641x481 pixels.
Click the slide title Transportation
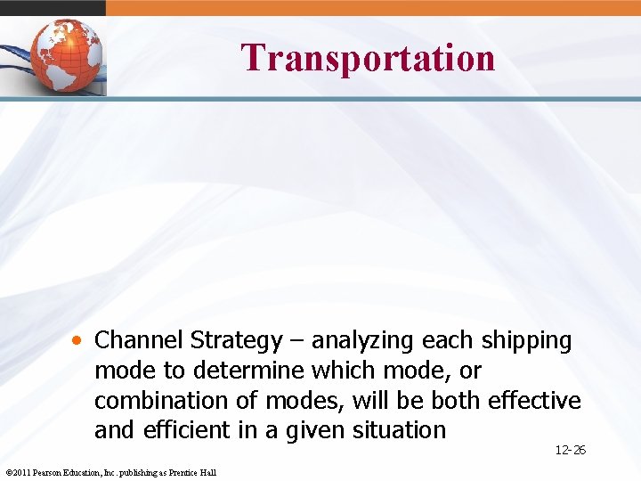click(368, 58)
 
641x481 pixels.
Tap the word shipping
click(526, 341)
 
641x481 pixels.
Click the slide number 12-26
click(570, 451)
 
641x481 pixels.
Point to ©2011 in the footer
click(17, 472)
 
